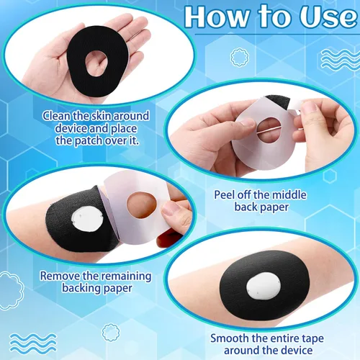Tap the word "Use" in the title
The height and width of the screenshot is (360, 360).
[x=328, y=17]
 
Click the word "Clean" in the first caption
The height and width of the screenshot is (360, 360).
[x=57, y=116]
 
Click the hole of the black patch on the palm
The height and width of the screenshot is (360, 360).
[x=96, y=63]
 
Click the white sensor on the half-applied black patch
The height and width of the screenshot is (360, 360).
[x=87, y=219]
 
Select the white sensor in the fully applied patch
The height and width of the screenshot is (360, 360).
[x=264, y=286]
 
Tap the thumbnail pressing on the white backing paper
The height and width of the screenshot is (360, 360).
[x=248, y=122]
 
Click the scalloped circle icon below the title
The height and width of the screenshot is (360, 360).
[x=240, y=58]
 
